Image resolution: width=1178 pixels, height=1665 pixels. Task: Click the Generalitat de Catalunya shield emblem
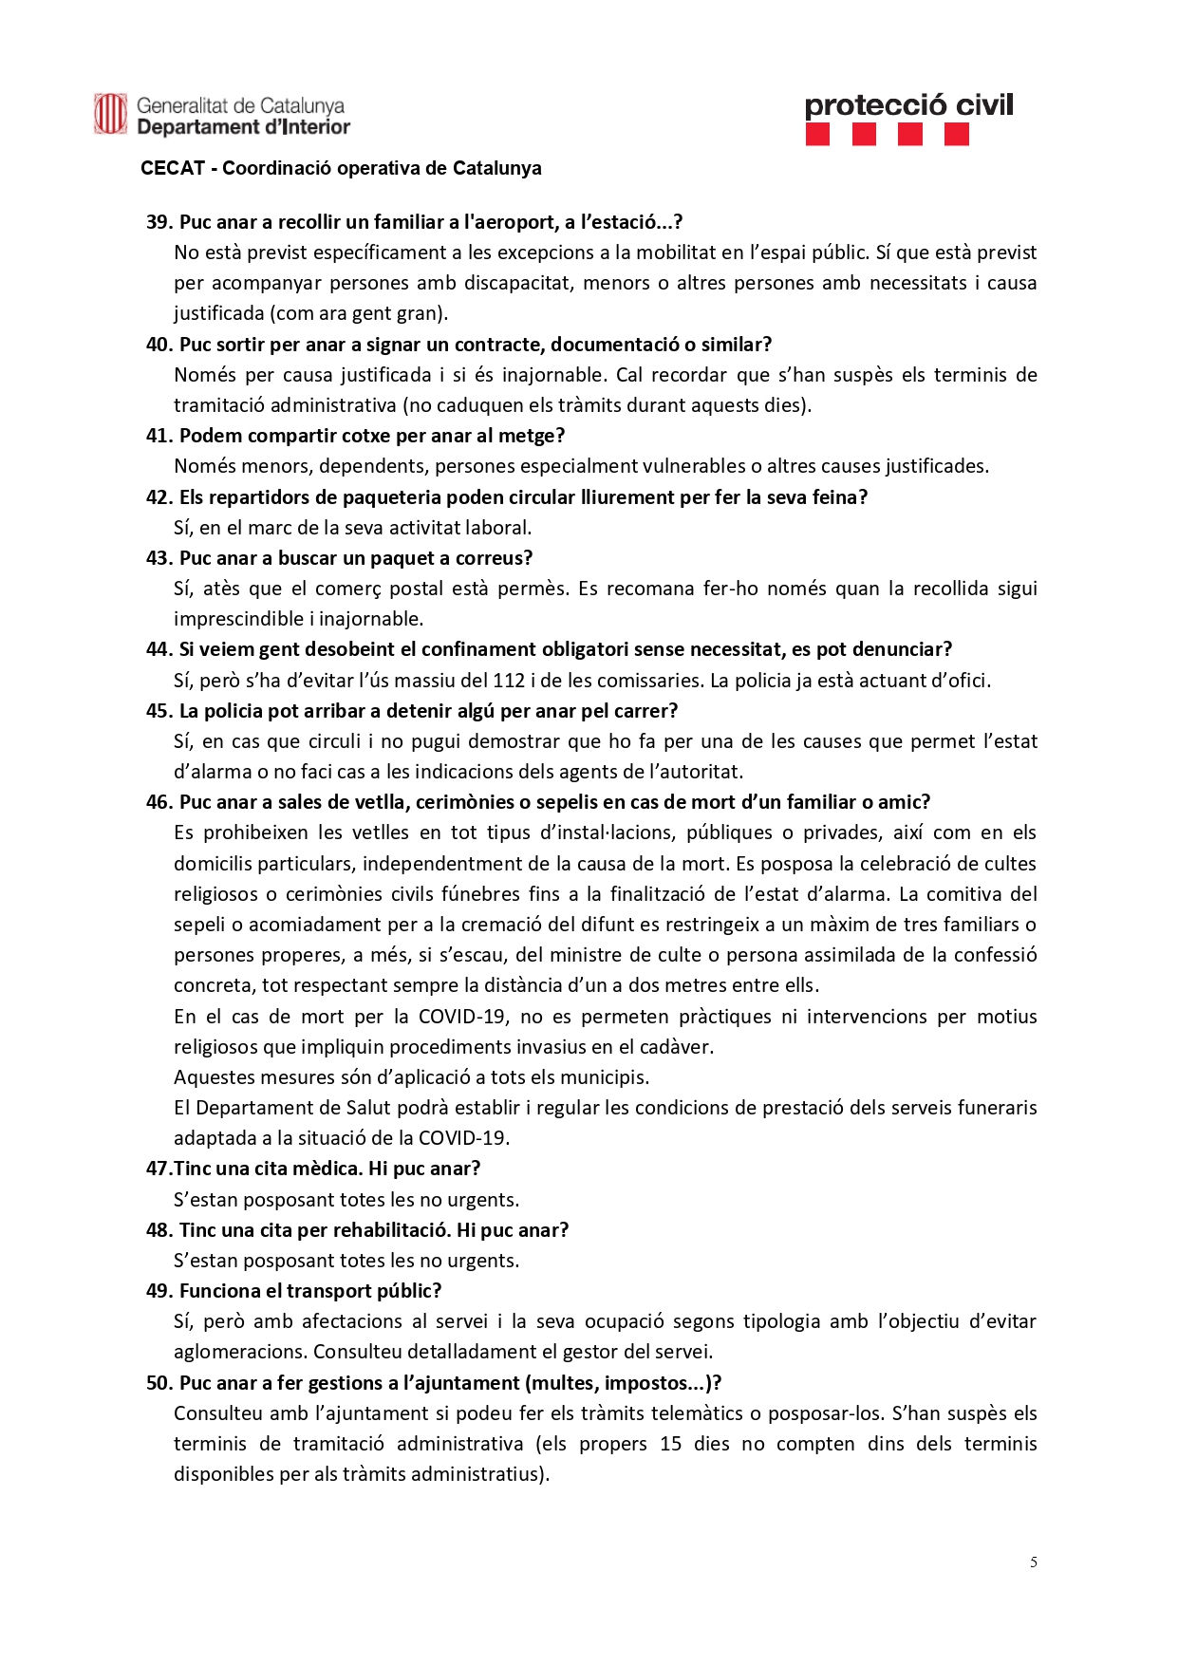(110, 114)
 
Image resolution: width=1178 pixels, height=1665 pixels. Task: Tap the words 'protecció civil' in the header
(908, 105)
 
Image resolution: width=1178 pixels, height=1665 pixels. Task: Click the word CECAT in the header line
(173, 168)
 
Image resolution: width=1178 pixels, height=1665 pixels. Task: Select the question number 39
(159, 222)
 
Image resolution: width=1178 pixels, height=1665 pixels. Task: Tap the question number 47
(159, 1169)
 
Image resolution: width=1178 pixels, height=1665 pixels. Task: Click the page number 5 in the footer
(1033, 1562)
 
